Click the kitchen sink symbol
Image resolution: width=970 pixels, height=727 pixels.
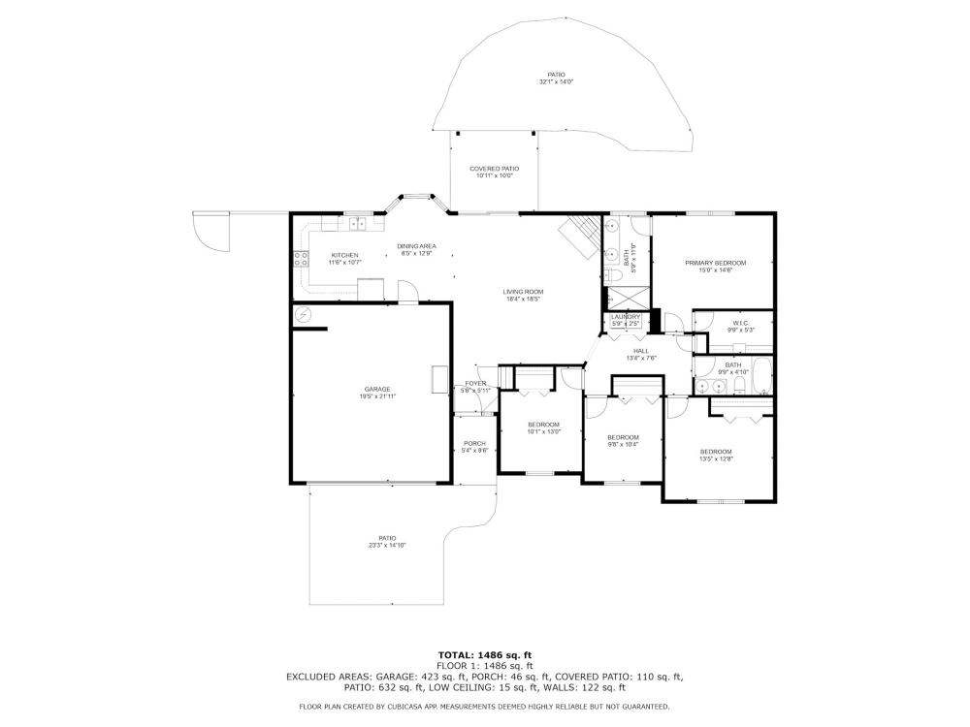[356, 224]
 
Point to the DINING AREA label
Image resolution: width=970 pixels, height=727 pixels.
[416, 246]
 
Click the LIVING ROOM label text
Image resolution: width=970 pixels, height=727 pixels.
[523, 292]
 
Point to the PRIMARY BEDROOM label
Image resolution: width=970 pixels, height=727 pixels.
[715, 263]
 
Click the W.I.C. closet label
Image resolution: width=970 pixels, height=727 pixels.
[739, 324]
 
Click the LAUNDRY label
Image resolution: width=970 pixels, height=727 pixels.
[625, 316]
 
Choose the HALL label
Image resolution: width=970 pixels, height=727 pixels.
[641, 351]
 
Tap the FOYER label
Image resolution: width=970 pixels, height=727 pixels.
[475, 383]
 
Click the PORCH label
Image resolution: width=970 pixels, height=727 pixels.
[474, 443]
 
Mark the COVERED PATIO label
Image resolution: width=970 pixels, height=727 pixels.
[494, 169]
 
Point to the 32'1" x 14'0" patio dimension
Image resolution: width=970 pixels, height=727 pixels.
[556, 82]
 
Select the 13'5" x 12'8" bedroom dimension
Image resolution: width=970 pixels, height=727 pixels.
[716, 459]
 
